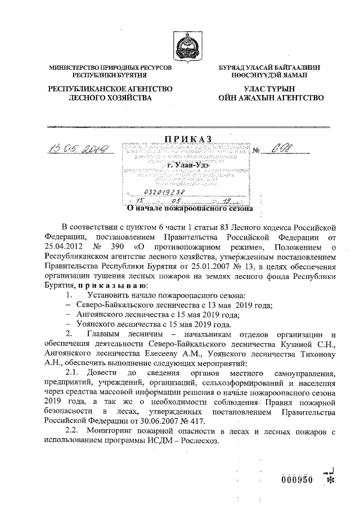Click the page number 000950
click(x=298, y=479)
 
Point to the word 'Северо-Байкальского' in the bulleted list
click(x=111, y=305)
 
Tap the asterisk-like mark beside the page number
click(x=331, y=481)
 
